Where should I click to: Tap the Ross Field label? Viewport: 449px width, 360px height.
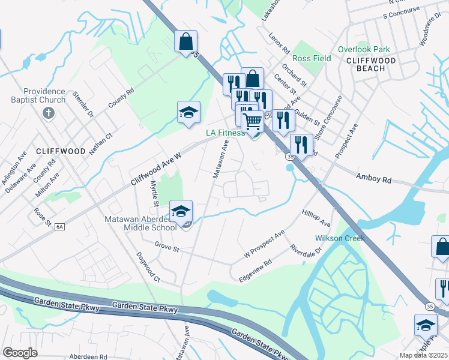click(x=312, y=59)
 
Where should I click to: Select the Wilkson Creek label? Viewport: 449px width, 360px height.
click(x=340, y=238)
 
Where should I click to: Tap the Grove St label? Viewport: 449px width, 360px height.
click(x=167, y=247)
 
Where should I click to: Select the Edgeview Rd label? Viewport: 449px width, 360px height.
click(x=256, y=271)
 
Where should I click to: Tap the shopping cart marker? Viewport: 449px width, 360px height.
click(x=253, y=122)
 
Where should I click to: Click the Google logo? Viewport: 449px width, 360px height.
click(x=20, y=353)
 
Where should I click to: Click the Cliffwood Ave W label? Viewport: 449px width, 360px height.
click(x=155, y=168)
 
